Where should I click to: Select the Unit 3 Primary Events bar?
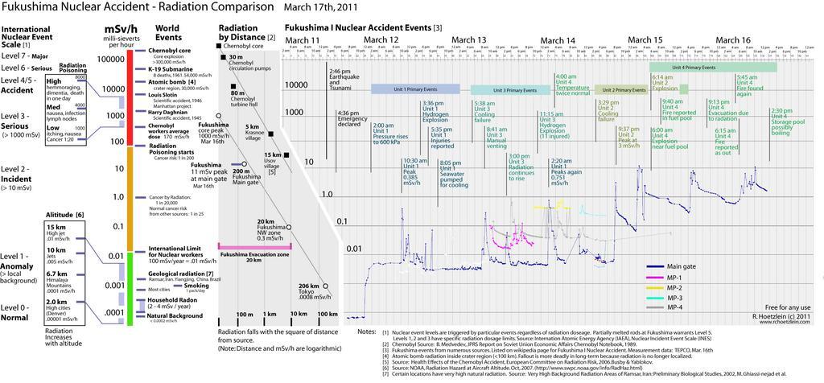(505, 90)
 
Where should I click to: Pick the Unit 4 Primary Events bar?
(713, 68)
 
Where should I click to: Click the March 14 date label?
(558, 40)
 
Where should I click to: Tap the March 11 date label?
(303, 40)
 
